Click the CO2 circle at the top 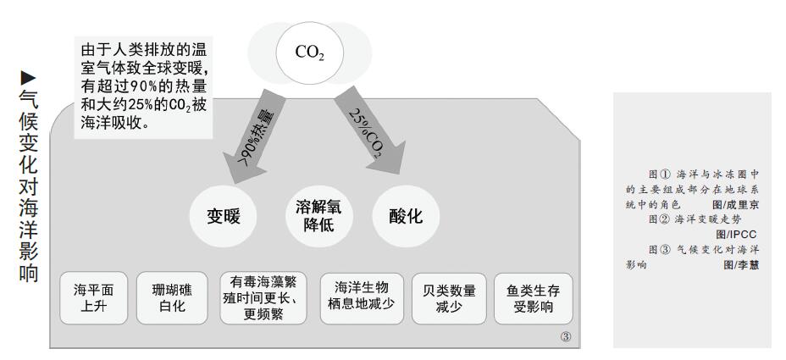click(310, 53)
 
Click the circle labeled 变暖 click(223, 216)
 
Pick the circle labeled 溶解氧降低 click(318, 216)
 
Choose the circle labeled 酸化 click(406, 216)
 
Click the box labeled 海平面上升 click(94, 298)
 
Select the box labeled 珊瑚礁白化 click(172, 298)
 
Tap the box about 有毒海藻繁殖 click(263, 298)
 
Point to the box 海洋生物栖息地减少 click(362, 298)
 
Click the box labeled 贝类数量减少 click(449, 298)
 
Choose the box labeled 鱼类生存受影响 click(534, 298)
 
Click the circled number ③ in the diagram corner click(566, 337)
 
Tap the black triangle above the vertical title click(28, 77)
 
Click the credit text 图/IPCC click(736, 234)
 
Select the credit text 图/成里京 click(735, 205)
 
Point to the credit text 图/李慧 click(741, 264)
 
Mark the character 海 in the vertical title click(28, 207)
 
